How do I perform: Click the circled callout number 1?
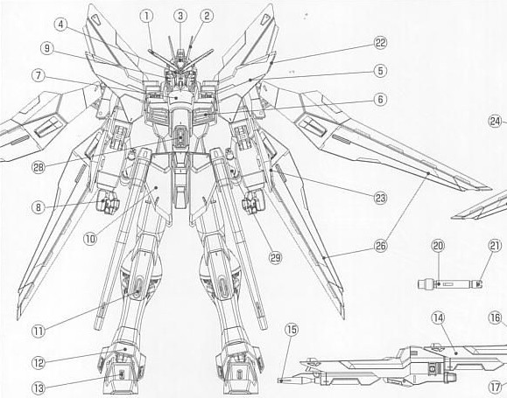pyautogui.click(x=146, y=16)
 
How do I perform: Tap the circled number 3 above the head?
pyautogui.click(x=180, y=16)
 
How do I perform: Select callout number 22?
pyautogui.click(x=380, y=43)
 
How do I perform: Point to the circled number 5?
pyautogui.click(x=380, y=71)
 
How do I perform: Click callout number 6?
pyautogui.click(x=380, y=99)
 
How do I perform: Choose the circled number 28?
pyautogui.click(x=39, y=167)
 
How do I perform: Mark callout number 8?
pyautogui.click(x=39, y=207)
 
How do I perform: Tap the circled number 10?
pyautogui.click(x=90, y=239)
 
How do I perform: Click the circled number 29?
pyautogui.click(x=275, y=257)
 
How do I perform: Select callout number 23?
pyautogui.click(x=380, y=198)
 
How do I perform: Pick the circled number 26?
pyautogui.click(x=380, y=246)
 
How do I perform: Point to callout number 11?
pyautogui.click(x=39, y=332)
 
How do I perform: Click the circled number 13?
pyautogui.click(x=39, y=388)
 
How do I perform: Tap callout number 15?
pyautogui.click(x=292, y=330)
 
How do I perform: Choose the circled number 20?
pyautogui.click(x=438, y=246)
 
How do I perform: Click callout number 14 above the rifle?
pyautogui.click(x=438, y=318)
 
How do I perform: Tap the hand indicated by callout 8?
pyautogui.click(x=108, y=202)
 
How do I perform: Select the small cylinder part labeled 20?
pyautogui.click(x=450, y=284)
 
